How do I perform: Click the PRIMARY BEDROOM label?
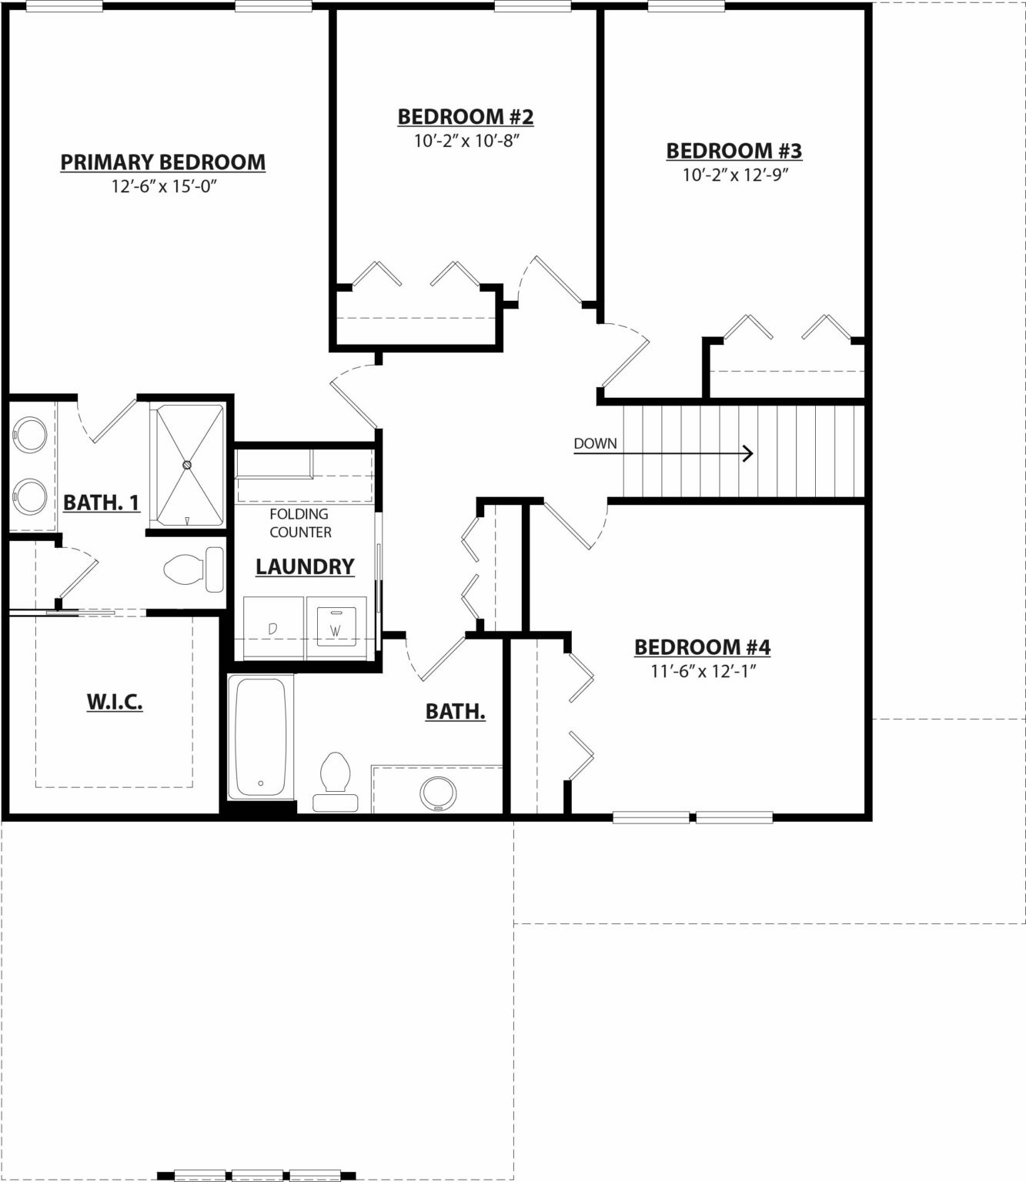click(163, 162)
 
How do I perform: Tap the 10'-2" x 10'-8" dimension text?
click(466, 141)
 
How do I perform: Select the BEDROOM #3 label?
click(734, 151)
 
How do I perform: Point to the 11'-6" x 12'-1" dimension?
click(703, 671)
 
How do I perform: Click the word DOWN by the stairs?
click(595, 444)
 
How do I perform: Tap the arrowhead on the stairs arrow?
click(749, 453)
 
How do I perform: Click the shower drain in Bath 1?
click(186, 465)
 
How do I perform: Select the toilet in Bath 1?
click(193, 569)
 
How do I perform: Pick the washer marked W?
click(336, 628)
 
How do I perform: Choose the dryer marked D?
click(273, 628)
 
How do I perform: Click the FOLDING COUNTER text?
click(300, 523)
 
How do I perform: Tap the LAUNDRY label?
click(305, 566)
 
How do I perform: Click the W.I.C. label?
click(115, 702)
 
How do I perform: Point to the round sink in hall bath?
click(438, 794)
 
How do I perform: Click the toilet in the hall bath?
click(336, 782)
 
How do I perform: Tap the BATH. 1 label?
click(101, 503)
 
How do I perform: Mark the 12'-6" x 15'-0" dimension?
click(164, 186)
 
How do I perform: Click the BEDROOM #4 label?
click(703, 648)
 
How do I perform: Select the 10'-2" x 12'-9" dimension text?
click(735, 175)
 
